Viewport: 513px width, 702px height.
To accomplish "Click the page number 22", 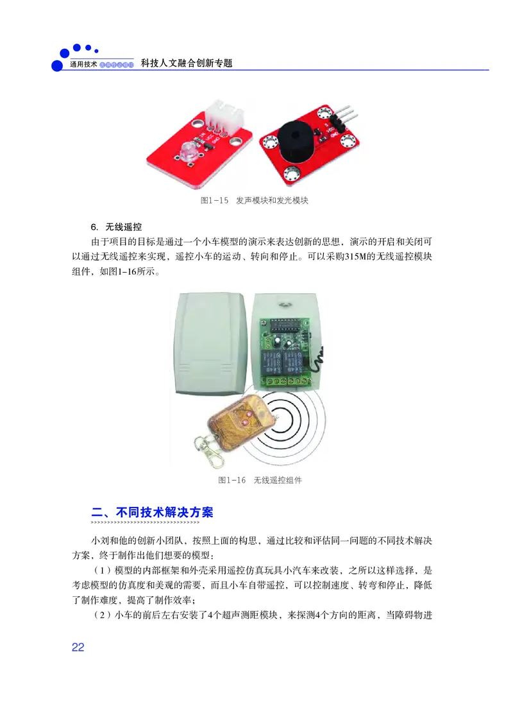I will coord(78,647).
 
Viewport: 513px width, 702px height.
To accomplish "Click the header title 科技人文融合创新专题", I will coord(186,64).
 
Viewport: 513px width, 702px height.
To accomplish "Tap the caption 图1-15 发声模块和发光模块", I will coord(255,201).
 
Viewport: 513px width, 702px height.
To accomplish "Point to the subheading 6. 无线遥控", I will coord(116,227).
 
